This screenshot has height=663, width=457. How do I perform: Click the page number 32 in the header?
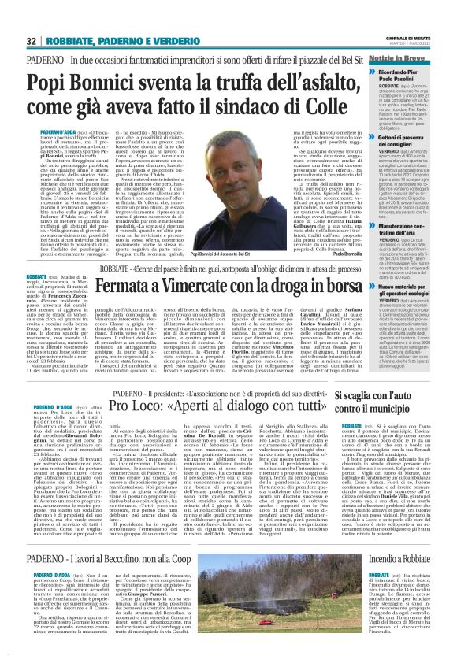32,41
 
